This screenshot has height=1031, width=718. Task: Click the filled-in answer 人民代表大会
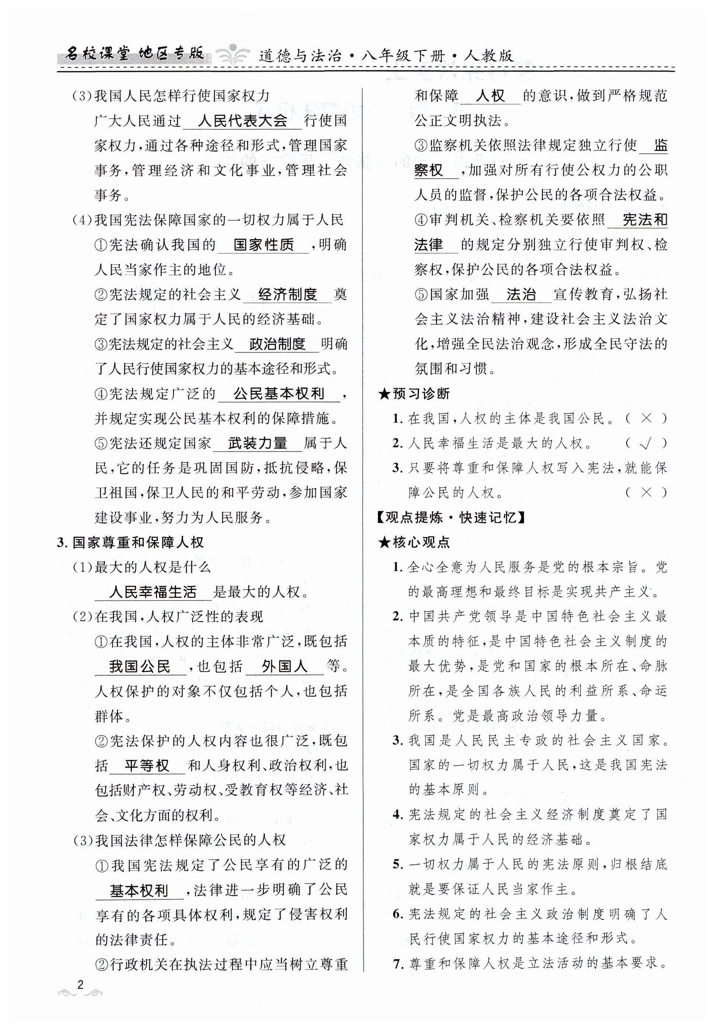point(242,121)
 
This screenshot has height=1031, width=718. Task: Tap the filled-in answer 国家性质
point(263,245)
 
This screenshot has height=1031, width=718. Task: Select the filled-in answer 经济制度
point(288,295)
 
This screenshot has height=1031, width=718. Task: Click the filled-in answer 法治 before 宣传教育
point(521,295)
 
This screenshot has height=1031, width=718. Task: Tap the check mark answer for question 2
point(646,444)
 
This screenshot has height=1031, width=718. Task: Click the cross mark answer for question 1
point(646,418)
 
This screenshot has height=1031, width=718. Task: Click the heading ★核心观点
point(414,543)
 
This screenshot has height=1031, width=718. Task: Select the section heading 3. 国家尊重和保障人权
point(130,543)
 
